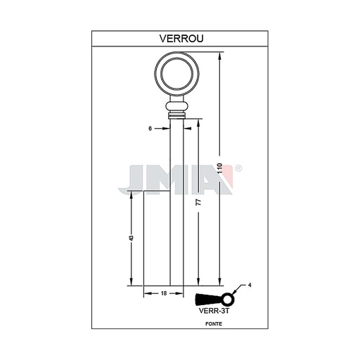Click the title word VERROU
tap(181, 39)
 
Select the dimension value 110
tap(219, 168)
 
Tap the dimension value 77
tap(198, 202)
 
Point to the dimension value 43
tap(131, 238)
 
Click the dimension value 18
tap(164, 293)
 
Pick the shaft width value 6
tap(150, 129)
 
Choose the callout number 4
tap(250, 285)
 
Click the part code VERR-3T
tap(214, 311)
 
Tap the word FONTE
tap(214, 324)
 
